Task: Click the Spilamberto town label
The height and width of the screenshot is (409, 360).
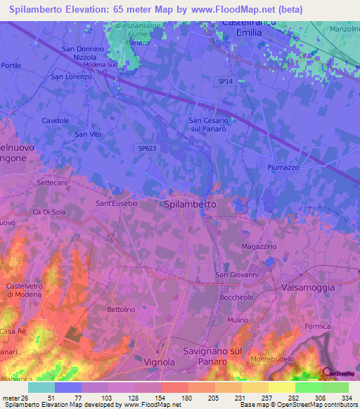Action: tap(189, 204)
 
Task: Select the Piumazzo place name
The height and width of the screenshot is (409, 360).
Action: tap(285, 167)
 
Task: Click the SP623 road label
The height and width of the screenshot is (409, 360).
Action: tap(146, 148)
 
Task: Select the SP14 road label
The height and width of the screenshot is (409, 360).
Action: tap(224, 82)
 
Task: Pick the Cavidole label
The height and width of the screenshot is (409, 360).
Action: tap(56, 121)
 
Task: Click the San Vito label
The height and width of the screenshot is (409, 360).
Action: tap(89, 134)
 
